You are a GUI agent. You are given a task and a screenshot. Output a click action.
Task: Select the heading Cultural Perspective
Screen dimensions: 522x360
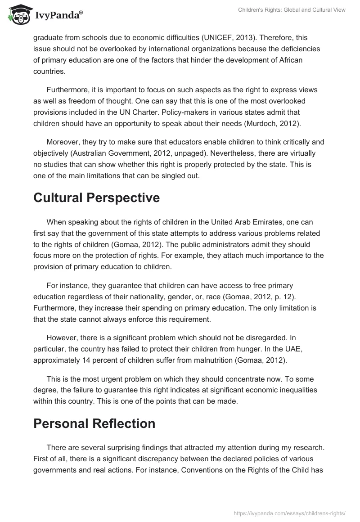tap(96, 198)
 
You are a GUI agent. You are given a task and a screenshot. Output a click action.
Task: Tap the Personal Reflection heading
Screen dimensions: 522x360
tap(94, 423)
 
